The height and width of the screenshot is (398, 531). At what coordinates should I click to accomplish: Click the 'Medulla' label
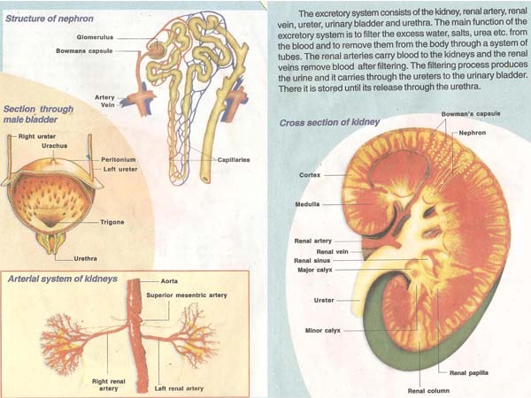click(307, 204)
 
